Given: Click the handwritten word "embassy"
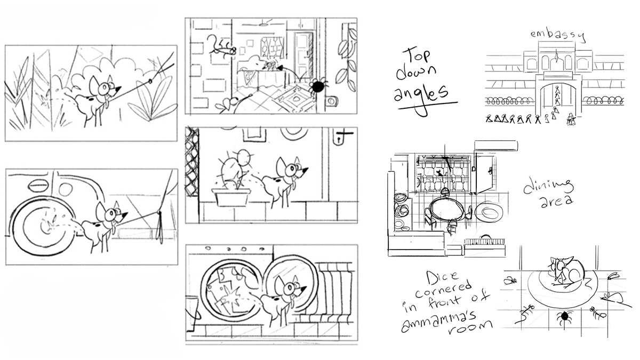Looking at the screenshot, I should click(x=557, y=36).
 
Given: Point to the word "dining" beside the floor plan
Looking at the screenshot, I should click(x=548, y=187).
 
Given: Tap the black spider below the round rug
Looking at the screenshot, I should click(x=563, y=318).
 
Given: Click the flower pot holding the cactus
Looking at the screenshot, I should click(x=230, y=197).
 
